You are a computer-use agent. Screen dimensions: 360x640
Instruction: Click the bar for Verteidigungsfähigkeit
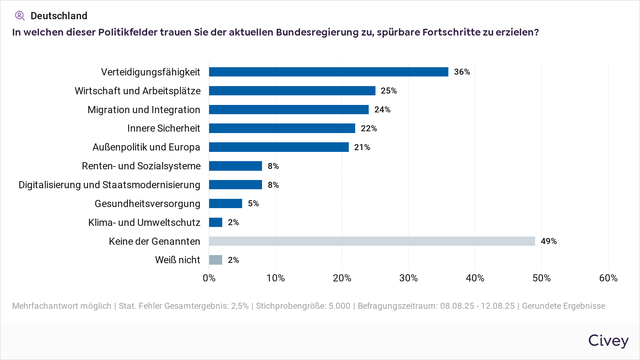tap(329, 72)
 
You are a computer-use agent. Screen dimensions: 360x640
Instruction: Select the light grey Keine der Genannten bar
tap(372, 241)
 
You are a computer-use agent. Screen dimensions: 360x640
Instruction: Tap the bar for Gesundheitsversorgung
tap(225, 203)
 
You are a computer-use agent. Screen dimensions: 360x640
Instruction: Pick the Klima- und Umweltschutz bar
tap(215, 222)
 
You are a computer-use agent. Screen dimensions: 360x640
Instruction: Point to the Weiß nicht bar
tap(215, 260)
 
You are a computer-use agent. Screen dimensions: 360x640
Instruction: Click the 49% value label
tap(549, 241)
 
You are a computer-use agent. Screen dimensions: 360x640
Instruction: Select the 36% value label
tap(462, 72)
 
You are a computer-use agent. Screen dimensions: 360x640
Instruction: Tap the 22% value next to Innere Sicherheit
tap(369, 128)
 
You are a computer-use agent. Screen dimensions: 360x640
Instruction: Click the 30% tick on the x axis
tap(408, 278)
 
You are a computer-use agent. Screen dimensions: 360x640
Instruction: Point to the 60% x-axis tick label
tap(608, 278)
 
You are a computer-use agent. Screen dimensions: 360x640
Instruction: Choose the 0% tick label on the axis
tap(209, 278)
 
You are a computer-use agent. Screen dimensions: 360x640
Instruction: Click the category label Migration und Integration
tap(144, 110)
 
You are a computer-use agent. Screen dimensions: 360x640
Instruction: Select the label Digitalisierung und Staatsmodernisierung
tap(110, 185)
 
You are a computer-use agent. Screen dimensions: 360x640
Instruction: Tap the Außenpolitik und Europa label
tap(146, 147)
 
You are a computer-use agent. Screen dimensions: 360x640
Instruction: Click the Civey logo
tap(608, 341)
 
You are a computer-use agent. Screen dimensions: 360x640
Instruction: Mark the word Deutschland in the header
tap(59, 16)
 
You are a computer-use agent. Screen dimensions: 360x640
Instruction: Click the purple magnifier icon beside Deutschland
tap(20, 16)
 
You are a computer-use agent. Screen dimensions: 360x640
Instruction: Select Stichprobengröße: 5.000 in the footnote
tap(303, 306)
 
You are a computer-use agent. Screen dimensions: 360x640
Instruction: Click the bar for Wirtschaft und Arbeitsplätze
tap(292, 91)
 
